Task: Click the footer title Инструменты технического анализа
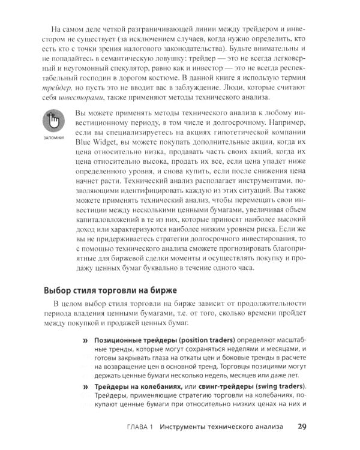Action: (x=222, y=428)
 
